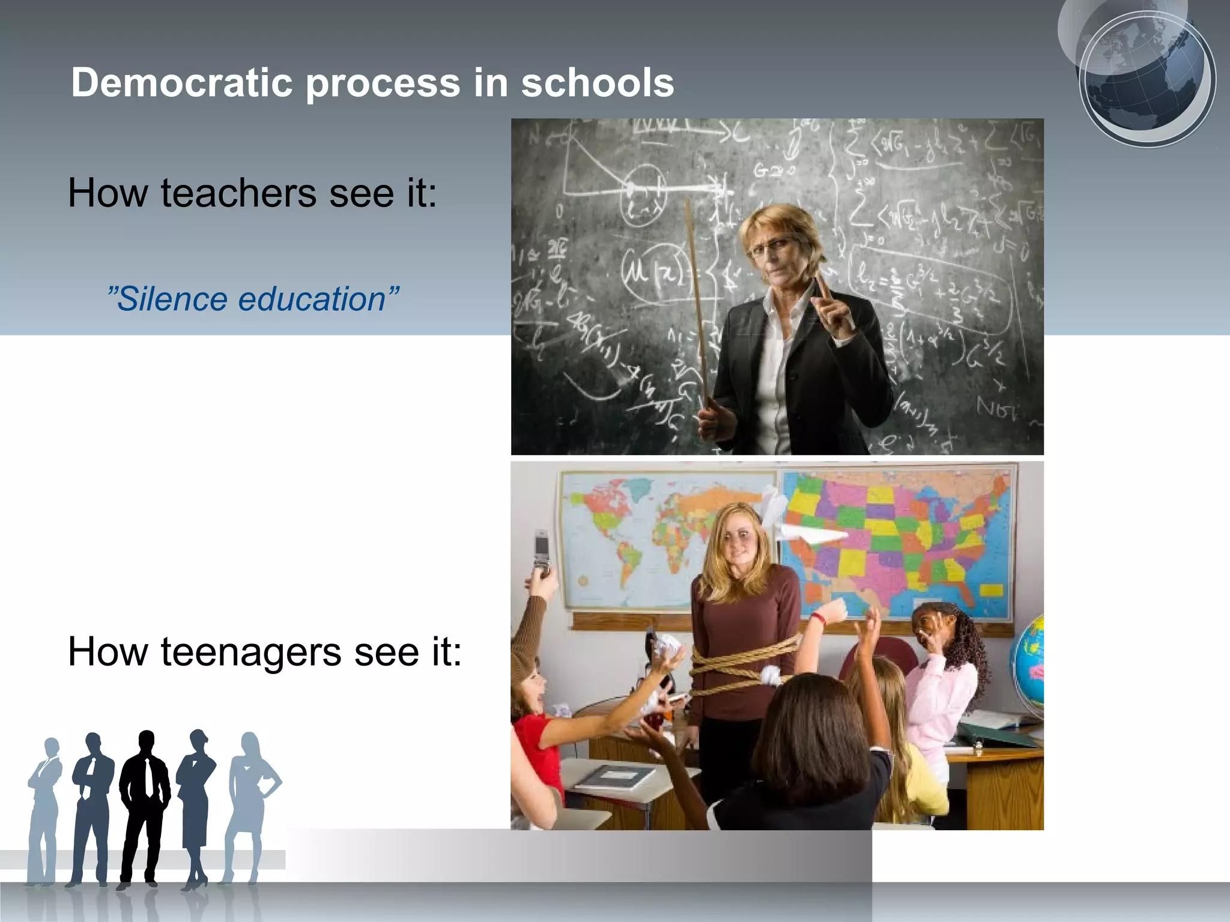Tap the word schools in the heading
(597, 82)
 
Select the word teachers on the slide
(238, 193)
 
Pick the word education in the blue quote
(312, 299)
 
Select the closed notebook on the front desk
(616, 778)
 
